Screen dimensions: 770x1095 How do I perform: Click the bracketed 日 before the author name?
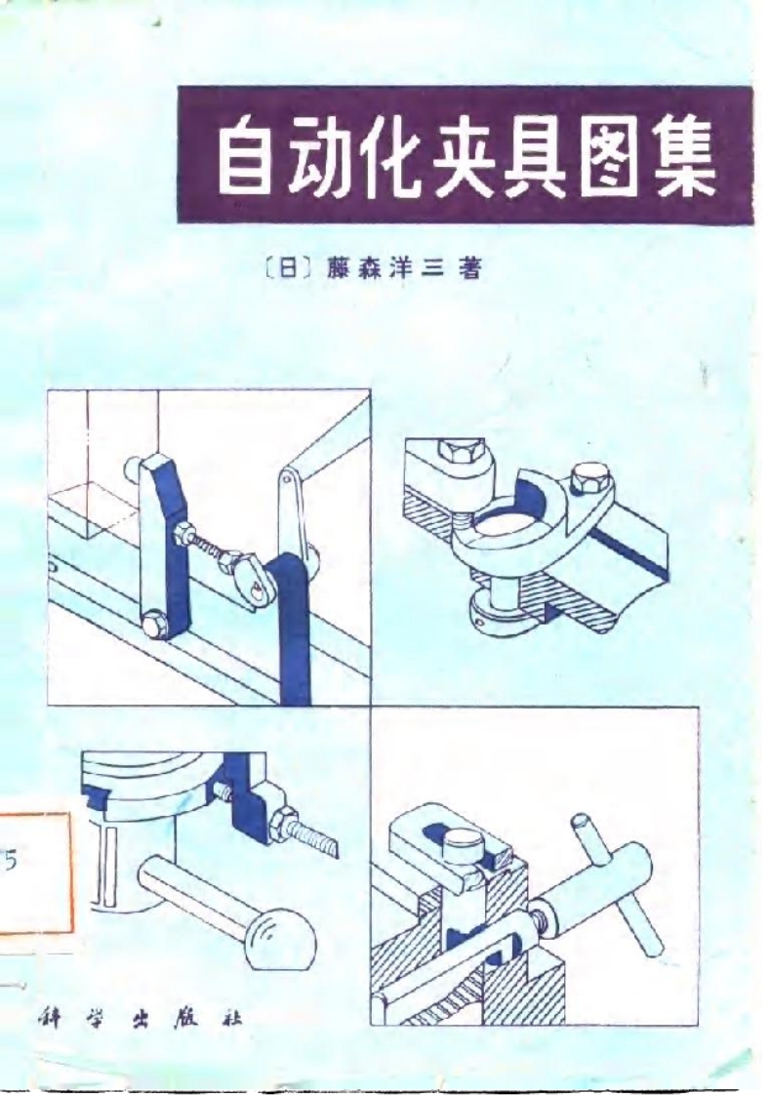tap(287, 269)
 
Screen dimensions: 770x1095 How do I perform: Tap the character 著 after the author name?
tap(469, 268)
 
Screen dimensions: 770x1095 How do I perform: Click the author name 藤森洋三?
tap(386, 269)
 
